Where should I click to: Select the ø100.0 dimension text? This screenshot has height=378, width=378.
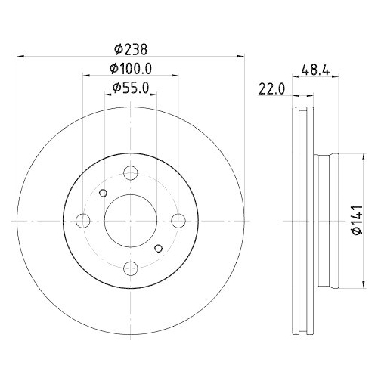[131, 68]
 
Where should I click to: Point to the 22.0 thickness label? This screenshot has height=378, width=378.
[270, 88]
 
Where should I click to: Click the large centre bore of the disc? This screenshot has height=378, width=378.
[130, 220]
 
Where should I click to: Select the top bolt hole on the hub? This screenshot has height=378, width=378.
[130, 173]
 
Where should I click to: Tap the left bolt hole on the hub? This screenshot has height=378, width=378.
[83, 220]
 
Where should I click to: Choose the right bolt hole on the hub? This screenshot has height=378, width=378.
[178, 220]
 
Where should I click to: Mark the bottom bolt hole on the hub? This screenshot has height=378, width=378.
[130, 267]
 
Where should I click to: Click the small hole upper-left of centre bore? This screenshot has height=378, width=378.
[104, 193]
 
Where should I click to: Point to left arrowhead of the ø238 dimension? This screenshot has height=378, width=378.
[19, 55]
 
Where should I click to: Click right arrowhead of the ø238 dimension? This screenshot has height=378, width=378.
[242, 55]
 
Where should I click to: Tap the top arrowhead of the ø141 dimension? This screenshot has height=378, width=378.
[349, 156]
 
